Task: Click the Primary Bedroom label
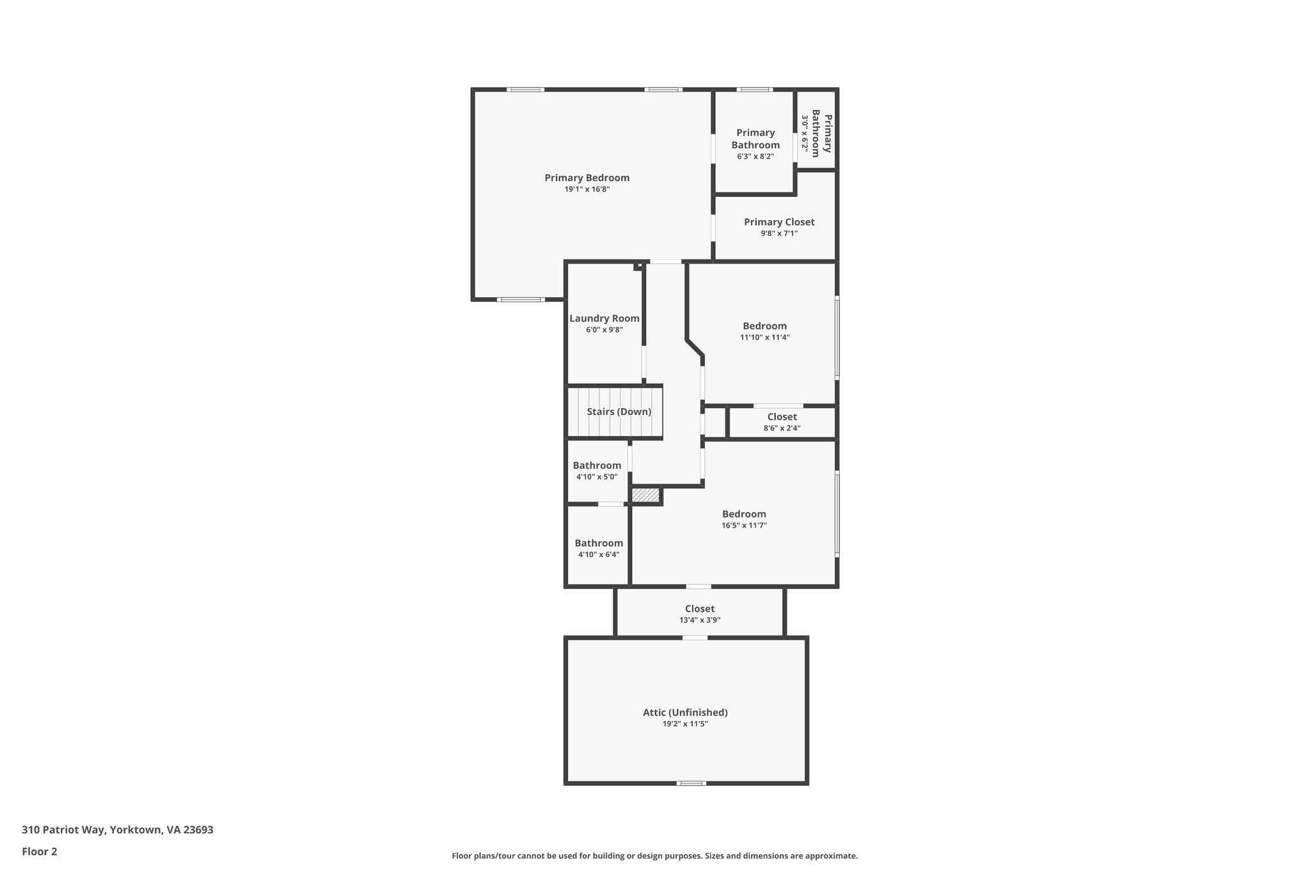coord(587,178)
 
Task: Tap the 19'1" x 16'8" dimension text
coord(587,189)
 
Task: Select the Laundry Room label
coord(604,319)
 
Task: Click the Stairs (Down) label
coord(619,412)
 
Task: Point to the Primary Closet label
coord(778,222)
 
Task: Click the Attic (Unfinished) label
coord(685,712)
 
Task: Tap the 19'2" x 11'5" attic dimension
coord(685,724)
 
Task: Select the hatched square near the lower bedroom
coord(645,495)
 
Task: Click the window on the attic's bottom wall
coord(691,783)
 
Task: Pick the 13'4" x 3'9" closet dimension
coord(699,620)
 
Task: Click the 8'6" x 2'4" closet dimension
coord(782,429)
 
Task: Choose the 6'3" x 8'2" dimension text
coord(755,156)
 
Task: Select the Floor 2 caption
coord(40,851)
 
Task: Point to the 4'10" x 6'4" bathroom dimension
coord(598,554)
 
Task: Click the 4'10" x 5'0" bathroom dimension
coord(597,476)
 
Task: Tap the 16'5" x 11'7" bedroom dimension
coord(744,526)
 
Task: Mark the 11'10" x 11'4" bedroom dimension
coord(764,338)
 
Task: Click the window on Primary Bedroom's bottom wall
coord(521,299)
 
